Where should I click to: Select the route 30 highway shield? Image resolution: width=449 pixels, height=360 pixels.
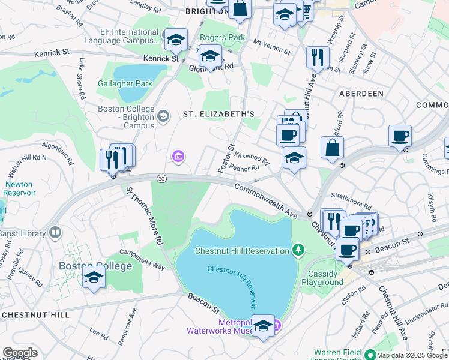[161, 178]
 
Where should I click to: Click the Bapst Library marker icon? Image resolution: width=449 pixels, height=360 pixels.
[55, 231]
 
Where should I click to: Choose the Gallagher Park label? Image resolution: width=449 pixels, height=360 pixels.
[125, 83]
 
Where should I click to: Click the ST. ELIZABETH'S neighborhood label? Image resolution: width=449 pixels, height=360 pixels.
[218, 114]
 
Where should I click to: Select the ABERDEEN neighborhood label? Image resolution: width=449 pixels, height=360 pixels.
[361, 94]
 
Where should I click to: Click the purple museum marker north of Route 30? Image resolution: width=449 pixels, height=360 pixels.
[177, 157]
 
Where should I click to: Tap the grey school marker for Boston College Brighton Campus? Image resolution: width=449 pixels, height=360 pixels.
[163, 116]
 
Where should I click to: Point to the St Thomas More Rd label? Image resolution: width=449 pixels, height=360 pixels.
[145, 215]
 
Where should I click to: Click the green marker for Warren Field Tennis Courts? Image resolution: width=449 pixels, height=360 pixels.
[370, 355]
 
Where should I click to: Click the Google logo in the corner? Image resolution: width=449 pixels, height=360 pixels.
[20, 353]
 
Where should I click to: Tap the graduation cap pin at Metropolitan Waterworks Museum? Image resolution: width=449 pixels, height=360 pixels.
[263, 325]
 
